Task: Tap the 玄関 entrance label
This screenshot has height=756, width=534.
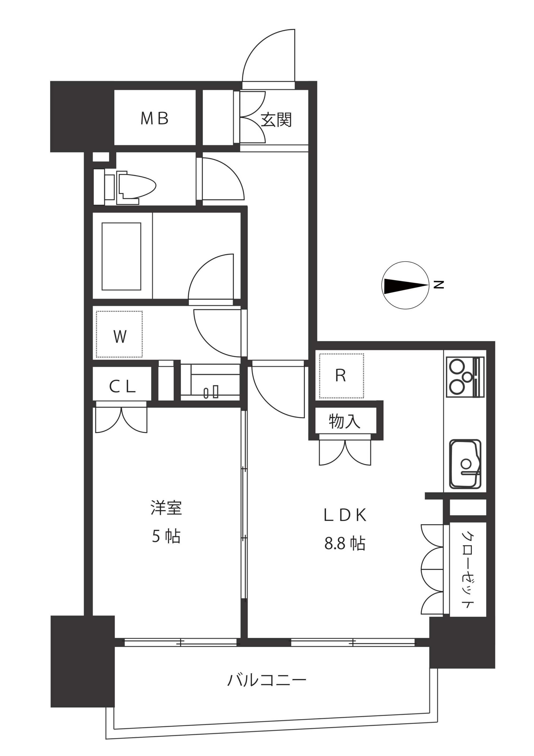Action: coord(276,120)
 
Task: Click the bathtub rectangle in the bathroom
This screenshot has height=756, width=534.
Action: coord(121,257)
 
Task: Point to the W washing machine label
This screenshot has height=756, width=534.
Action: coord(120,336)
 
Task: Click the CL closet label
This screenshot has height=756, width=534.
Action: coord(122,387)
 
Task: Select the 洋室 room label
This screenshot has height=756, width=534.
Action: coord(166,508)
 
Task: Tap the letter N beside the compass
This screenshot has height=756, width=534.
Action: coord(439,285)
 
